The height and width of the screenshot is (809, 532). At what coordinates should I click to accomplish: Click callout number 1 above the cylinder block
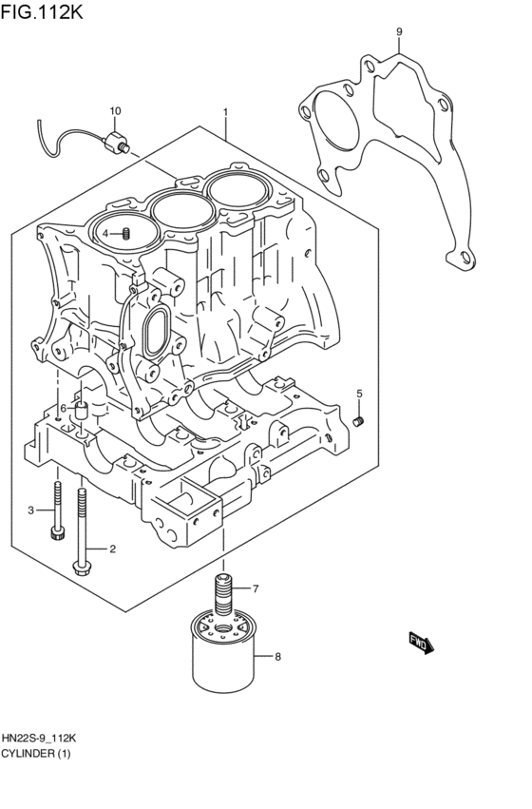(x=225, y=111)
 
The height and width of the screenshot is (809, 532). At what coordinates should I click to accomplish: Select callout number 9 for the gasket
(x=399, y=31)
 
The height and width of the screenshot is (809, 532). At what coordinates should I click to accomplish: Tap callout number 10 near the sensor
(x=115, y=111)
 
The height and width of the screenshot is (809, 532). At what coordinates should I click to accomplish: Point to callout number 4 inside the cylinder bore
(x=107, y=233)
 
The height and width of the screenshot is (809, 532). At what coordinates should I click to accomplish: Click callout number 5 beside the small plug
(x=359, y=393)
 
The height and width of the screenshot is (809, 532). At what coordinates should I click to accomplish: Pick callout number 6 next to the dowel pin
(x=63, y=408)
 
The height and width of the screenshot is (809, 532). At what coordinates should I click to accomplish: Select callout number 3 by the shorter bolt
(x=30, y=510)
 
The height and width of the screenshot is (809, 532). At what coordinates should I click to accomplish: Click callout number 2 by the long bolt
(x=112, y=549)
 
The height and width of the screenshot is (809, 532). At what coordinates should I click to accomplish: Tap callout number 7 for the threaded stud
(x=255, y=589)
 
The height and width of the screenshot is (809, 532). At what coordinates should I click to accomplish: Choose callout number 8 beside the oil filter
(x=277, y=656)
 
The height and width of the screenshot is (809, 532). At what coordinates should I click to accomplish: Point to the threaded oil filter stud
(x=224, y=593)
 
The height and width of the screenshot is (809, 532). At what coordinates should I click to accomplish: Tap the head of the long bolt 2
(x=81, y=568)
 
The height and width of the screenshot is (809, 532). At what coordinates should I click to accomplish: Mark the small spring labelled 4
(x=124, y=233)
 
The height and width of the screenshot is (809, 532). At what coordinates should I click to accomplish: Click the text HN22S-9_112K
(x=40, y=739)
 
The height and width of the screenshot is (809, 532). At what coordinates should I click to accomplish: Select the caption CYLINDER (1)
(x=36, y=754)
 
